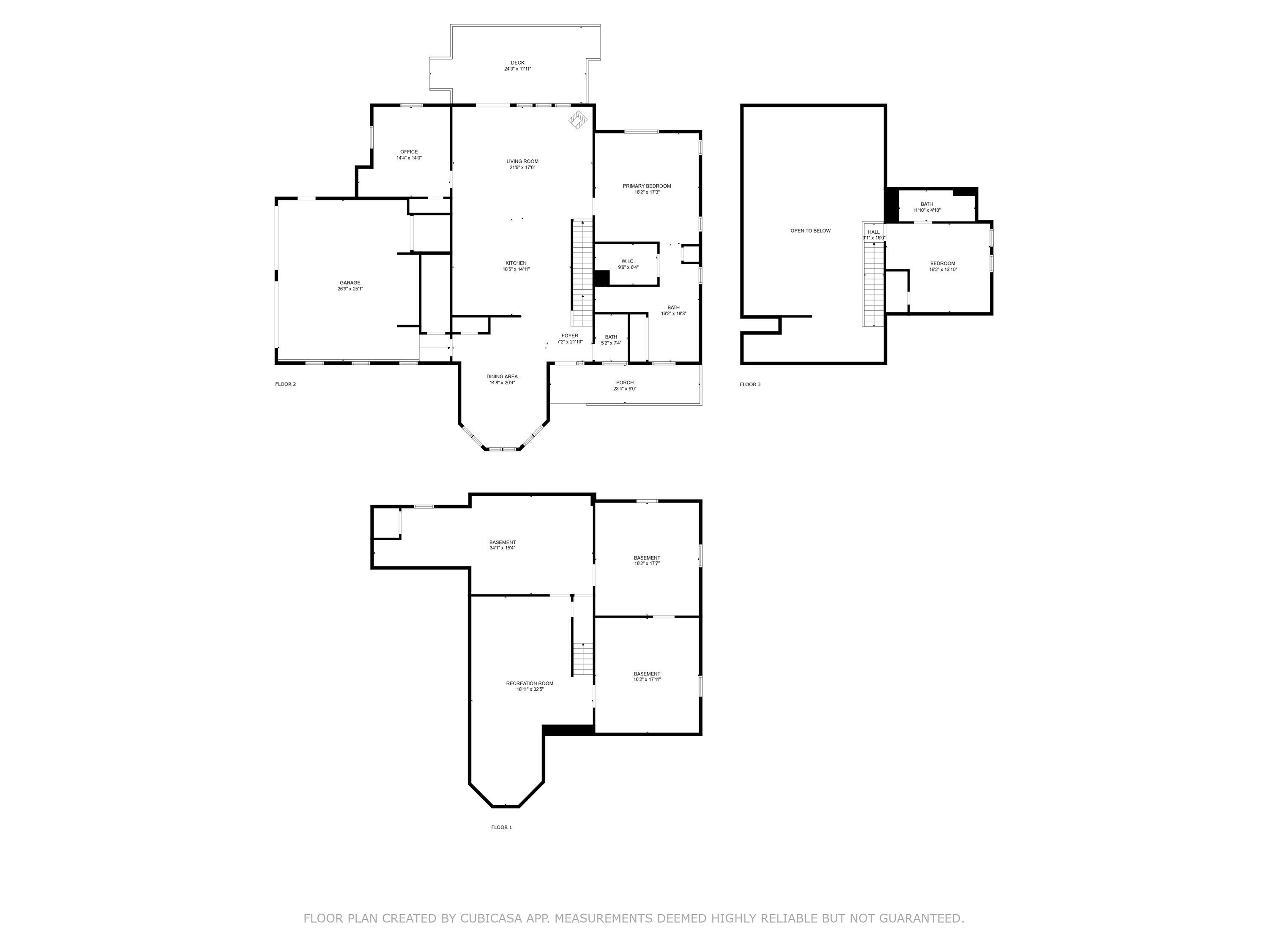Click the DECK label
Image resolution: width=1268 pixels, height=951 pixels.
point(518,63)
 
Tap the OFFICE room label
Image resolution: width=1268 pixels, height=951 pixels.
point(409,152)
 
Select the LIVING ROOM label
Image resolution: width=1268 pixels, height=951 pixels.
point(522,161)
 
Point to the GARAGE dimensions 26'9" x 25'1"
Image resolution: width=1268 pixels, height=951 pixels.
point(350,289)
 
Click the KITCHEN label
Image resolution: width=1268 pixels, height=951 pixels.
point(516,263)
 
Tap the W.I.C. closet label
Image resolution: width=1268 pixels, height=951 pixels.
point(628,261)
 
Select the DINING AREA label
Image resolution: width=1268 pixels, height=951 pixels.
point(502,377)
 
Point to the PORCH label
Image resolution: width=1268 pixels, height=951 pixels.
point(625,383)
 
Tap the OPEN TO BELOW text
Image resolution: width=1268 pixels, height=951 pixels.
point(811,231)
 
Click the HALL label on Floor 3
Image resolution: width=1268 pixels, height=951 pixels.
point(874,232)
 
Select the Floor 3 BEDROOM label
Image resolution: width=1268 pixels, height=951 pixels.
point(943,264)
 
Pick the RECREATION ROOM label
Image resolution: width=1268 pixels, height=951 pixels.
point(530,683)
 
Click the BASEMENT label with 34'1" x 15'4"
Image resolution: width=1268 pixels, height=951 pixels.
point(503,542)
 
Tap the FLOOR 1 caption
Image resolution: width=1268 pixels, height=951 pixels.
point(502,827)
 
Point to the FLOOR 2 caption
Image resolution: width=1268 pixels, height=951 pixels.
point(285,384)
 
